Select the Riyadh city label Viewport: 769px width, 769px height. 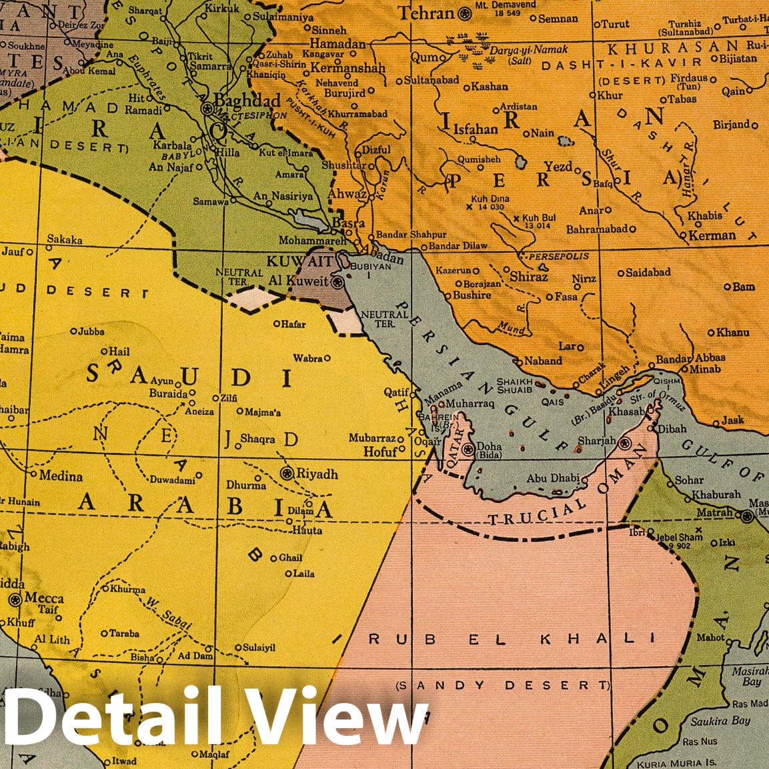[x=317, y=474]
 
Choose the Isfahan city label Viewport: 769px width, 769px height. [x=475, y=129]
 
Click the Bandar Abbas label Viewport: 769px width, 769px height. [x=690, y=358]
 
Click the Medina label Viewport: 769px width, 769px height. [x=61, y=476]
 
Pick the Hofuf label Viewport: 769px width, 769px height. [x=380, y=452]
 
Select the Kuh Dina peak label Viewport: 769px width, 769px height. [x=490, y=199]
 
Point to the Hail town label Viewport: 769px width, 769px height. [x=119, y=351]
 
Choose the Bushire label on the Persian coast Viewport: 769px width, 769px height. [x=472, y=295]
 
